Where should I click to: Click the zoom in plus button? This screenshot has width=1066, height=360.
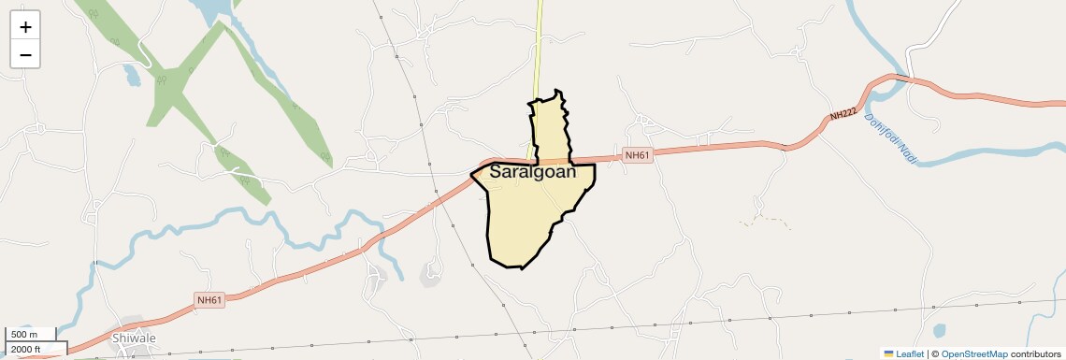point(25,27)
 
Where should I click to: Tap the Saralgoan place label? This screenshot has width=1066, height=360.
point(532,172)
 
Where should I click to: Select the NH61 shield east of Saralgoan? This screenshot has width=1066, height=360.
point(637,155)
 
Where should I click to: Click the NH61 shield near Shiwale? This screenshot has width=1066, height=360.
point(209,300)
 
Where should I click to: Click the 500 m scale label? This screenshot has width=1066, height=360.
point(25,335)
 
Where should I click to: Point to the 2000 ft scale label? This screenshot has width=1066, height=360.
point(27,350)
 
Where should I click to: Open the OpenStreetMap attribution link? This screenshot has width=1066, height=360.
point(973,353)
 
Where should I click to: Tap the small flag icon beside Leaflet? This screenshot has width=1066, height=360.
point(889,353)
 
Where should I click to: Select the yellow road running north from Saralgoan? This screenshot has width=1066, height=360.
point(539,47)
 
